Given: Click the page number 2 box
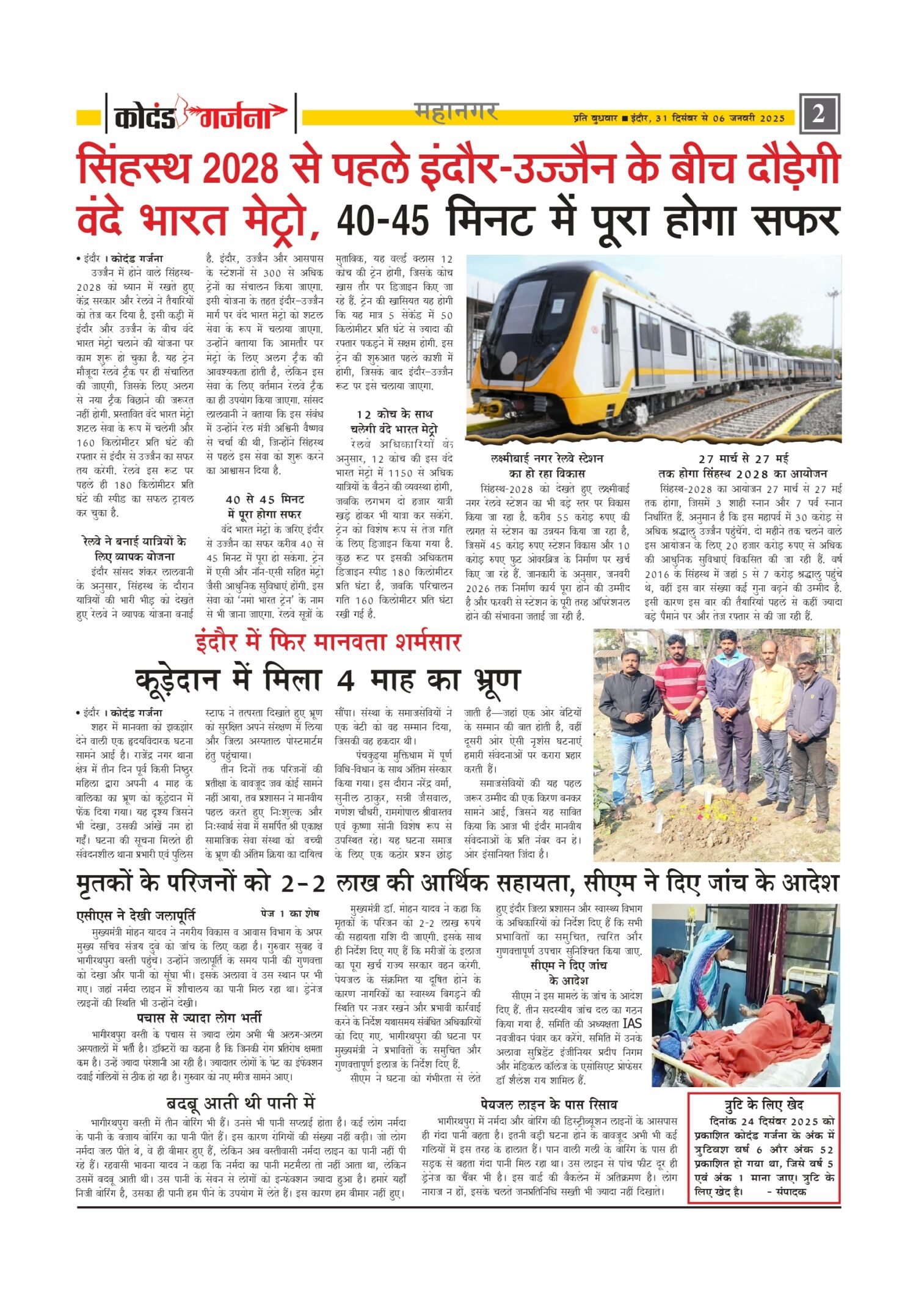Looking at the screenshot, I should [x=818, y=114].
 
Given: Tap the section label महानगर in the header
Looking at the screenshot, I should [x=456, y=112].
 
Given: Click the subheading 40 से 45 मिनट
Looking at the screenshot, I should [x=264, y=499].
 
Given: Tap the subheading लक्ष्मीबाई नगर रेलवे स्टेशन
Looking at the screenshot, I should [x=547, y=458].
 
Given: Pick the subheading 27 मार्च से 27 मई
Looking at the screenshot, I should [x=743, y=458].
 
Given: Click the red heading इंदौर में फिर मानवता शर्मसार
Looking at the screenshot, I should [x=328, y=643].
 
